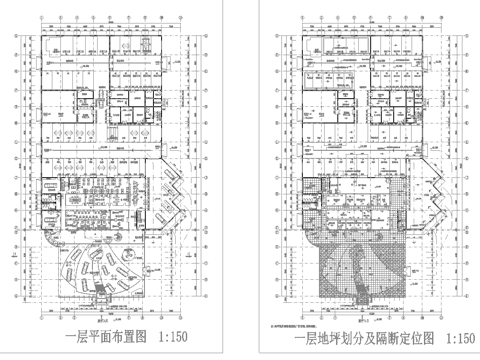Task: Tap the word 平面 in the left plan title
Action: coord(97,337)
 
